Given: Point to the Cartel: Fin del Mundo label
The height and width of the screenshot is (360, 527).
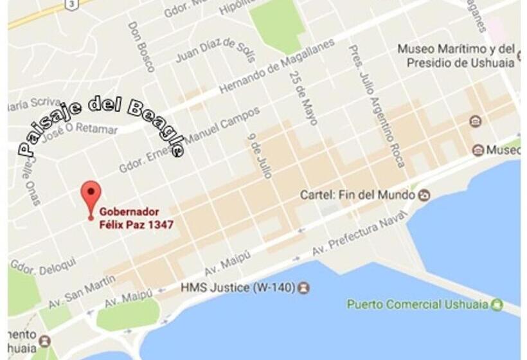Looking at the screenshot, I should pos(357,195).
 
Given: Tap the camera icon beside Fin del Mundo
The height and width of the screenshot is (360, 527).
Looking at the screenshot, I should pos(424,195).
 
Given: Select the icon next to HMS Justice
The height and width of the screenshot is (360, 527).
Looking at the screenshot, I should pos(304,287).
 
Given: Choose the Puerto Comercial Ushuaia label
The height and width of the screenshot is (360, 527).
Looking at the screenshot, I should pos(418,303).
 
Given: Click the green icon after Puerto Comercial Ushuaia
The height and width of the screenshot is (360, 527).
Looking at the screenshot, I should pos(496,304).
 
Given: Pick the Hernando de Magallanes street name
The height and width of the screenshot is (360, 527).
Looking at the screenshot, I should pos(277,67).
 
